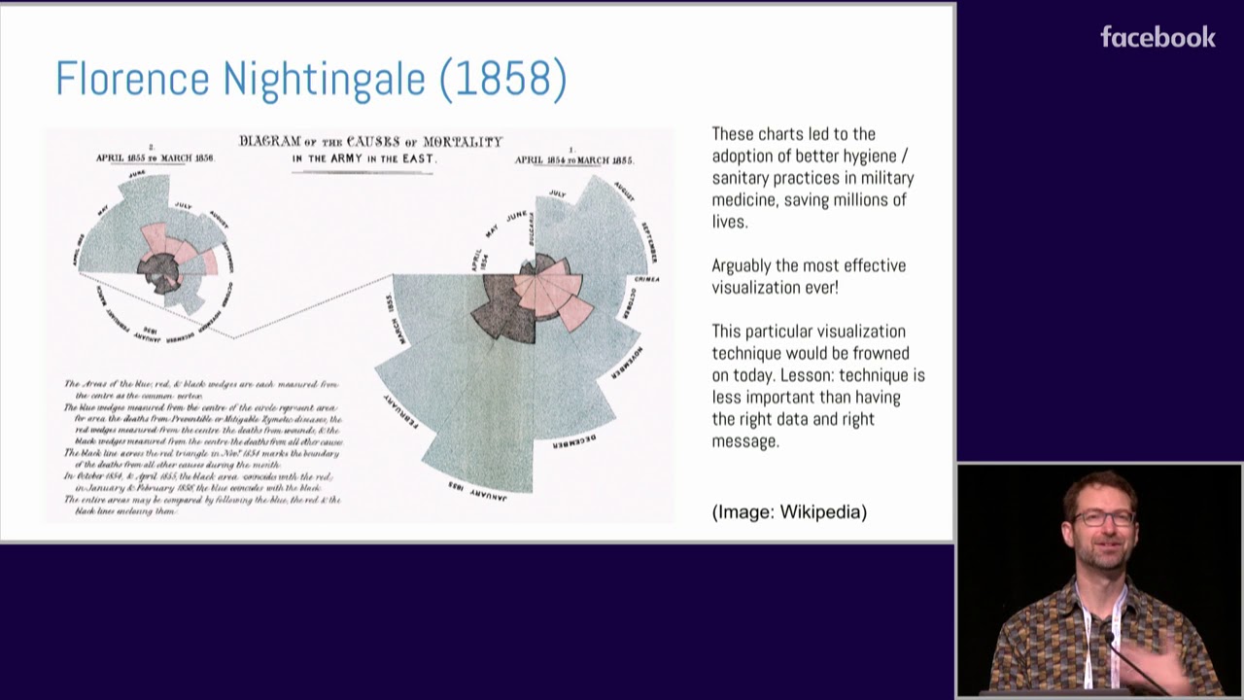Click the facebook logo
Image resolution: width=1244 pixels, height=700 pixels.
click(x=1158, y=38)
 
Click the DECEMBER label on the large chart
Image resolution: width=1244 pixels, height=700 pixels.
click(x=574, y=441)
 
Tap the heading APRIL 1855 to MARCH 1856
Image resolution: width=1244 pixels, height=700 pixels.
click(x=155, y=157)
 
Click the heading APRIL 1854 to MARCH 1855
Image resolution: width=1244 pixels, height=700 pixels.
click(x=573, y=160)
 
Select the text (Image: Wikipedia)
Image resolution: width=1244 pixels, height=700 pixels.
click(x=789, y=512)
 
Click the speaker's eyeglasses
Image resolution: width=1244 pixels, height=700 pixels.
click(x=1103, y=518)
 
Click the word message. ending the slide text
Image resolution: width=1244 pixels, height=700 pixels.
click(x=745, y=441)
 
